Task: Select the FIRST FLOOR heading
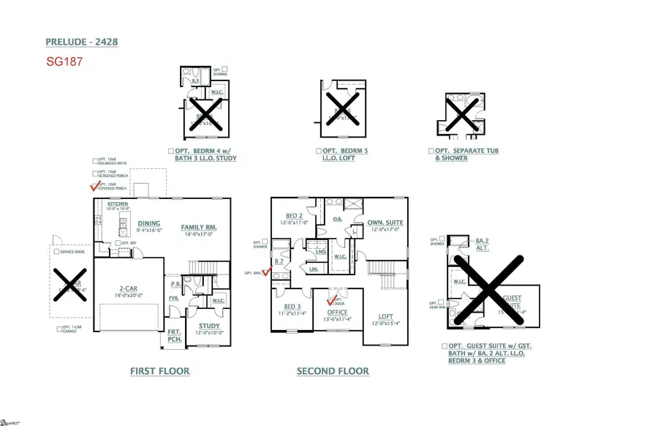(x=159, y=371)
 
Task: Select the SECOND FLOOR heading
(x=333, y=371)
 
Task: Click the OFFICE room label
(x=338, y=313)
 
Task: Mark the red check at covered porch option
(x=93, y=188)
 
